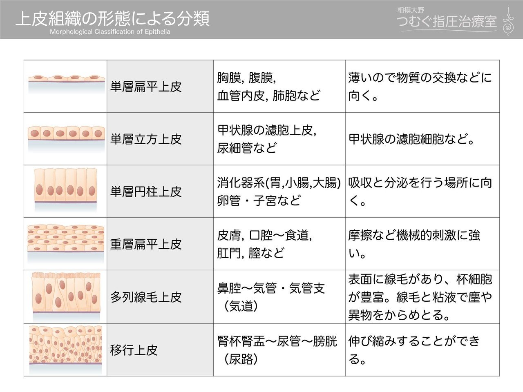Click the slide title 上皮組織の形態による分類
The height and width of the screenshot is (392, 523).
(x=113, y=18)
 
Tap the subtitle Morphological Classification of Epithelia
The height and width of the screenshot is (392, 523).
(x=110, y=32)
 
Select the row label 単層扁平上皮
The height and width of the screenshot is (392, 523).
(x=146, y=87)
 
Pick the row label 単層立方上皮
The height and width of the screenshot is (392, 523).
(x=146, y=139)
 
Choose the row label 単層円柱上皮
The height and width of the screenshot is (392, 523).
(x=146, y=192)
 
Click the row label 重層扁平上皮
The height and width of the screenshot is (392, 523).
(x=146, y=244)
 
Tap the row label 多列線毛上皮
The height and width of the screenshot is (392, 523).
(x=146, y=297)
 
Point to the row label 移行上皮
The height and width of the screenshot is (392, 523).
(x=134, y=350)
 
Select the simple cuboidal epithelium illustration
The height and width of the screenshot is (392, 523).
(x=66, y=136)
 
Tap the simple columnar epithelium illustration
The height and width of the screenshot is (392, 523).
(x=66, y=189)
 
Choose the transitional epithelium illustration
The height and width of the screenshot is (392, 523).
(x=66, y=347)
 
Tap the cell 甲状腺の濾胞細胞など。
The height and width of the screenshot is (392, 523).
(x=412, y=139)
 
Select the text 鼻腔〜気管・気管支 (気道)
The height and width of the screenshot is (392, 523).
(x=271, y=297)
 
